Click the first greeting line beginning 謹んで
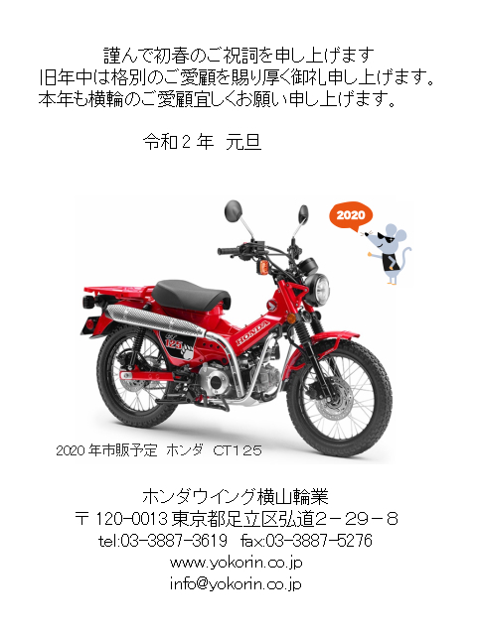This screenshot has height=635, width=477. click(x=238, y=54)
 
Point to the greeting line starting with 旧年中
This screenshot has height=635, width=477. click(x=238, y=76)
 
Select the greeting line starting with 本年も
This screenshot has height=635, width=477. click(x=218, y=99)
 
